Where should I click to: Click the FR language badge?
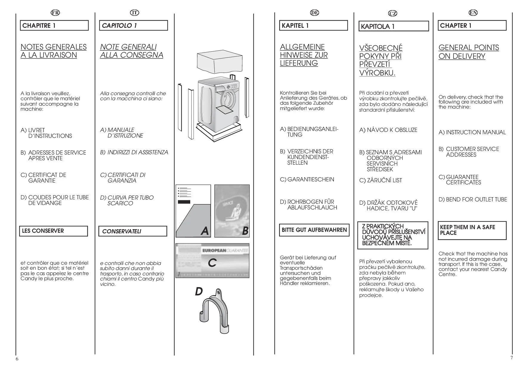click(55, 13)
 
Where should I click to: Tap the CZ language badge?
click(393, 13)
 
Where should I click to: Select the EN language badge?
click(473, 13)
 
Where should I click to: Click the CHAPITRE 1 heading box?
click(54, 26)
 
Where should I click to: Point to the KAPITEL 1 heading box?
click(313, 26)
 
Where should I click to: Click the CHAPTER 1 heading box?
click(472, 26)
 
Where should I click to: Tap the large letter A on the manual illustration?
click(205, 231)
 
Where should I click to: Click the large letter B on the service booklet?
click(245, 231)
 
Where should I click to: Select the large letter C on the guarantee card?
click(212, 263)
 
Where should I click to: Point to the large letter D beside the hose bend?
click(199, 292)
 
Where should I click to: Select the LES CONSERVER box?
click(54, 231)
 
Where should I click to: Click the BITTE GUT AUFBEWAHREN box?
click(314, 230)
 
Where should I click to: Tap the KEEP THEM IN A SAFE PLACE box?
click(472, 230)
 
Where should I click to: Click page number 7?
click(512, 358)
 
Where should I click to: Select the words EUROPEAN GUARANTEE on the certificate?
click(225, 251)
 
